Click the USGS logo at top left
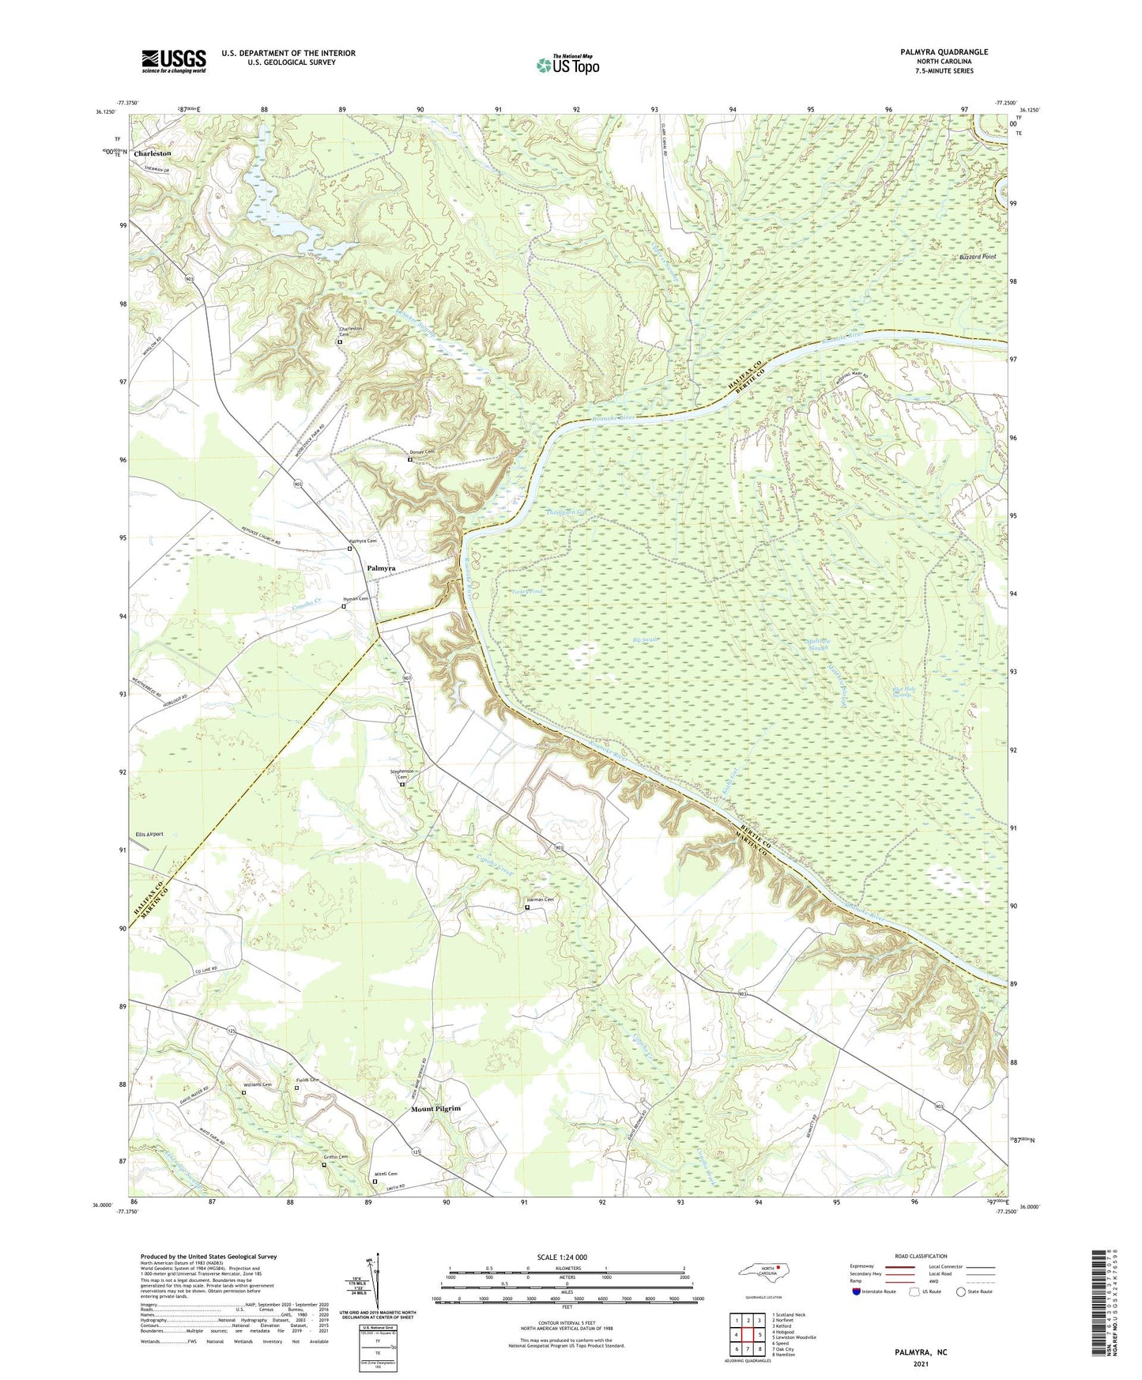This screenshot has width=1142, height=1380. [x=174, y=61]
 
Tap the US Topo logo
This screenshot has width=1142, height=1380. [x=567, y=65]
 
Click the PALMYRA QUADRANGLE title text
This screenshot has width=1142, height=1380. [x=944, y=52]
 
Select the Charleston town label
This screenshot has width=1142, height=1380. [x=153, y=153]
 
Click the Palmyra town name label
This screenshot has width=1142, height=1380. [x=381, y=568]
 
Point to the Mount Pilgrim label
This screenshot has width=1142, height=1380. [x=435, y=1109]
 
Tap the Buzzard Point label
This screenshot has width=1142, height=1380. [x=978, y=258]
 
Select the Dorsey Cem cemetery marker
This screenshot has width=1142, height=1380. [x=409, y=459]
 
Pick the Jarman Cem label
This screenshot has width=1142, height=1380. [x=541, y=899]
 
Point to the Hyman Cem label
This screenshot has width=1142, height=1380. [x=356, y=599]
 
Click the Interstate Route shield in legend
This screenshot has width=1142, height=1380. [x=857, y=1291]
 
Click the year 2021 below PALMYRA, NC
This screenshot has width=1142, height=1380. [x=921, y=1364]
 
